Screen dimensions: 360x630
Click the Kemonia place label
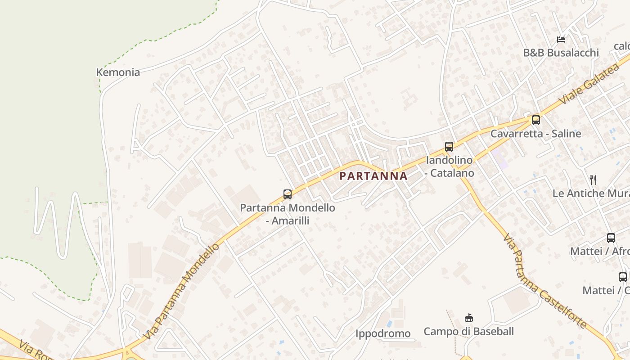118,72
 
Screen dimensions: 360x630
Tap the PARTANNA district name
373,176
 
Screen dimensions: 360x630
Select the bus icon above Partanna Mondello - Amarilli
288,194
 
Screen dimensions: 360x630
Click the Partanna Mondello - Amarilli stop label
288,214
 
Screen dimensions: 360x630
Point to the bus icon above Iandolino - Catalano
449,146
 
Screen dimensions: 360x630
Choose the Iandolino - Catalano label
450,166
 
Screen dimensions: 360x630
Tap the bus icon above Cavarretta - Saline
535,120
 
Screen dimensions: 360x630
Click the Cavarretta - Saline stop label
535,134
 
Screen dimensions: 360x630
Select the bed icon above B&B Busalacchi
561,40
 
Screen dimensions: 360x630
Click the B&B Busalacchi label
561,53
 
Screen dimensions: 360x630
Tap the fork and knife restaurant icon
593,180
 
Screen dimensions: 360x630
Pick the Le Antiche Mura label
591,193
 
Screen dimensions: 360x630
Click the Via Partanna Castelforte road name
544,281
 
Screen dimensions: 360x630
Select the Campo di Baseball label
468,332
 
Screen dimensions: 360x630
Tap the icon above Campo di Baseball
469,318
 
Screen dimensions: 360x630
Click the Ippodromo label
383,333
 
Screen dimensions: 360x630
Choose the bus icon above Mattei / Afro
611,238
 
